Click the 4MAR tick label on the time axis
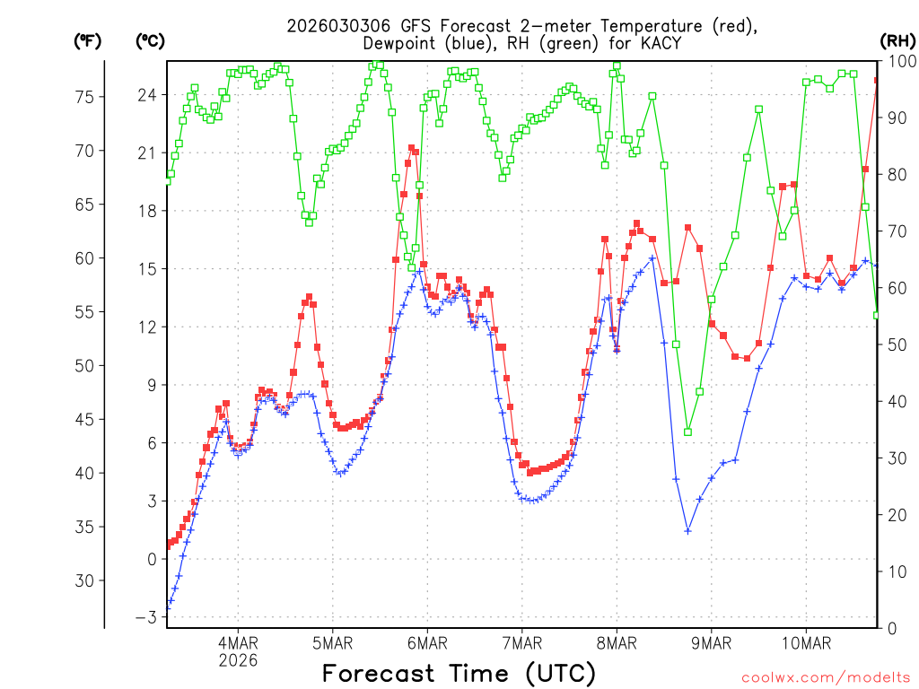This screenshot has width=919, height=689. (238, 643)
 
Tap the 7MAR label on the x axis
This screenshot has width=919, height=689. (521, 643)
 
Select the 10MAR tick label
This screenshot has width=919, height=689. (806, 643)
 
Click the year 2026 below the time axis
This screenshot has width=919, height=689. (238, 660)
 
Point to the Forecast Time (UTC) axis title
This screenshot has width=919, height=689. (459, 673)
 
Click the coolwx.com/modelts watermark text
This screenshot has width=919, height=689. (826, 676)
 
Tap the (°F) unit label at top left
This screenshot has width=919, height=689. (87, 41)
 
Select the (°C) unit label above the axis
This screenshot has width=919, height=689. (150, 41)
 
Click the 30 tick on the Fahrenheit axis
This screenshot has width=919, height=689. (83, 580)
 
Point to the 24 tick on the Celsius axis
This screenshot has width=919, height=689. (146, 95)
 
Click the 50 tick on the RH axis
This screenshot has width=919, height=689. (895, 344)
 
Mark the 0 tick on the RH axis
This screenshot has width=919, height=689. (890, 628)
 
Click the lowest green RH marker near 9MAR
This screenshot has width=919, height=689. (688, 432)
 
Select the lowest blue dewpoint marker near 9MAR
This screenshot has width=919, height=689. (688, 531)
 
